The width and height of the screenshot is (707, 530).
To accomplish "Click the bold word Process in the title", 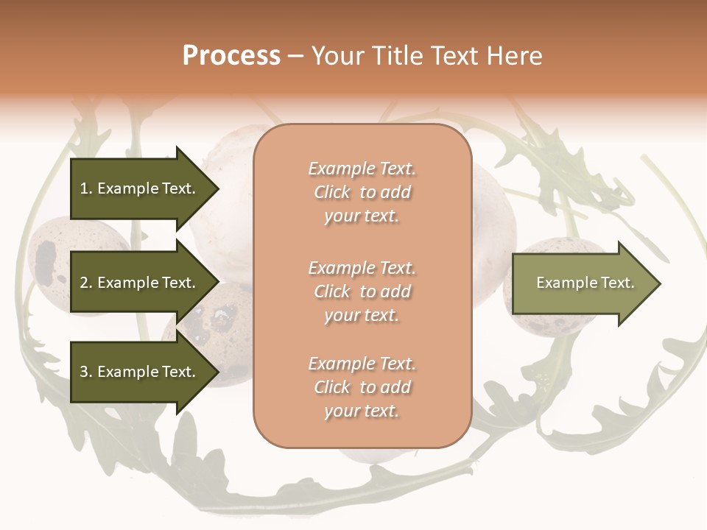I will [x=231, y=56].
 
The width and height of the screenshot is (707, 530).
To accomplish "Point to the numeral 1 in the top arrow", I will [x=84, y=188].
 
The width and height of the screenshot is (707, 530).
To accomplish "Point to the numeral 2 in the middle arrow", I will [x=85, y=283].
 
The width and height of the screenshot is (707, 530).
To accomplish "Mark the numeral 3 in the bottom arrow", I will [x=85, y=372].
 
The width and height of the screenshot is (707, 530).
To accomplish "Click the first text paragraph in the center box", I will [x=362, y=192].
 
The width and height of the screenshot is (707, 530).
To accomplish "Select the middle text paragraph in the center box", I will [x=362, y=291].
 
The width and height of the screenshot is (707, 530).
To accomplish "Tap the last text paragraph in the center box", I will [x=362, y=387].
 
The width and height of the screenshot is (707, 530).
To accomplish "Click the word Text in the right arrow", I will [x=618, y=283].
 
